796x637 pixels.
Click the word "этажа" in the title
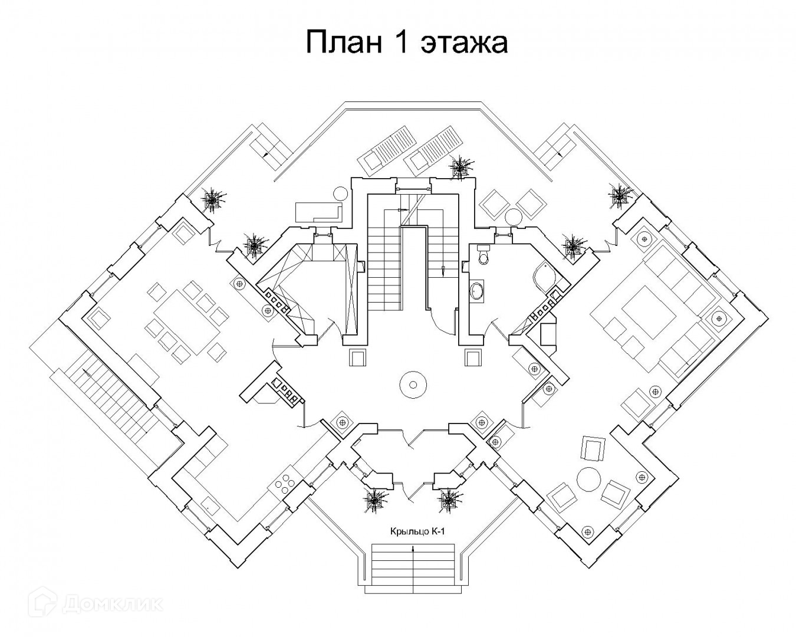pyautogui.click(x=465, y=43)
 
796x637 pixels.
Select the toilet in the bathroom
pyautogui.click(x=482, y=255)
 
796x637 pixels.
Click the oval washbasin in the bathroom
pyautogui.click(x=476, y=291)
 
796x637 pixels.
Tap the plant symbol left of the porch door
pyautogui.click(x=374, y=499)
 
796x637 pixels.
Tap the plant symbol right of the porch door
pyautogui.click(x=448, y=499)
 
